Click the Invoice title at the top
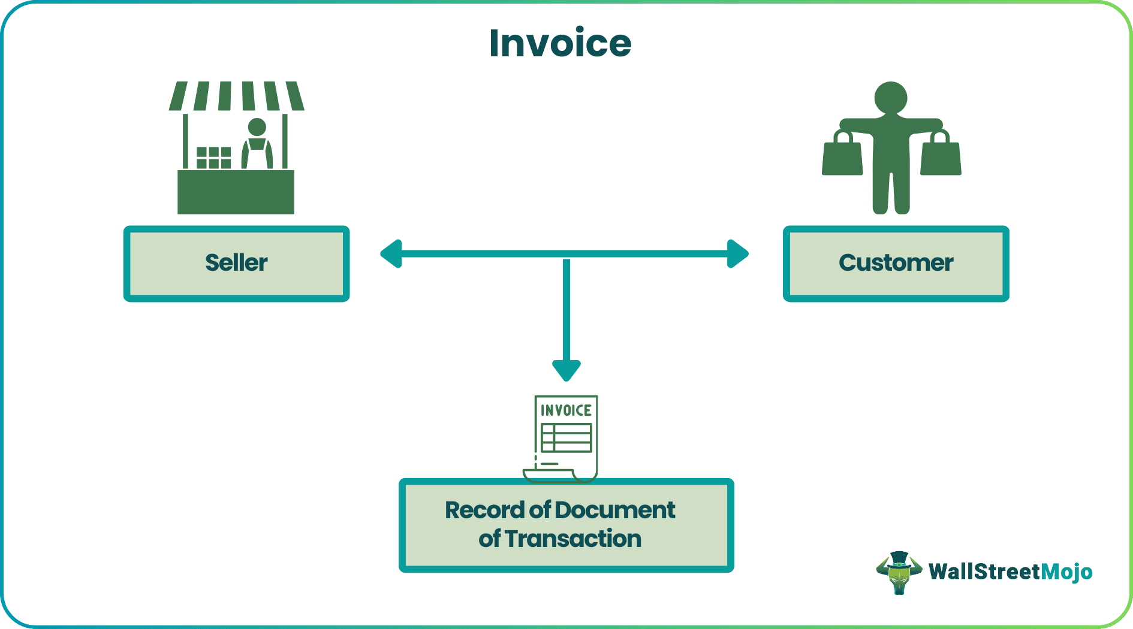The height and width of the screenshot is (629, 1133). [x=560, y=43]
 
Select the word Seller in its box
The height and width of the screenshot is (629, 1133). [x=236, y=263]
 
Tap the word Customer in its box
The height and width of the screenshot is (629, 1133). [x=896, y=263]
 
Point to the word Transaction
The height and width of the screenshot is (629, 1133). [x=573, y=539]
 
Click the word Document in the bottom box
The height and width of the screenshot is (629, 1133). [x=615, y=510]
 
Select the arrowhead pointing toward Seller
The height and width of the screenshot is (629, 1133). [x=391, y=254]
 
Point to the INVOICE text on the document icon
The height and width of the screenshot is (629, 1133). [x=566, y=410]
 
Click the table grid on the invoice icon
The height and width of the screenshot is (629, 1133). [x=566, y=438]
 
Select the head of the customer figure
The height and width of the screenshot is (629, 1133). [x=891, y=98]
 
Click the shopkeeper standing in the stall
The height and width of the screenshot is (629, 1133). [x=257, y=144]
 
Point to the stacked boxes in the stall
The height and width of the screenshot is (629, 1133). [x=214, y=158]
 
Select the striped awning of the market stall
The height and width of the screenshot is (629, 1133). [x=236, y=96]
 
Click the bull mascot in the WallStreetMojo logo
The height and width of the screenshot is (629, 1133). [x=899, y=572]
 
